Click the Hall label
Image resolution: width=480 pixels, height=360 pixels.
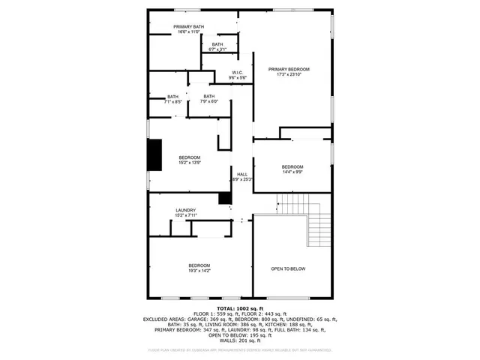pyautogui.click(x=242, y=174)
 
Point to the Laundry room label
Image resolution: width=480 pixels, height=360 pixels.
pyautogui.click(x=186, y=210)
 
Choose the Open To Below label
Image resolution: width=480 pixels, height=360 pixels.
pyautogui.click(x=288, y=268)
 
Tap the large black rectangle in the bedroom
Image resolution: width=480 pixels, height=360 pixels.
pyautogui.click(x=154, y=155)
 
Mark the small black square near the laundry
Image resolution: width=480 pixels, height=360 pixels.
pyautogui.click(x=224, y=198)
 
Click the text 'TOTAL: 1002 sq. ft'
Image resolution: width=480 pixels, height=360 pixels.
pyautogui.click(x=240, y=308)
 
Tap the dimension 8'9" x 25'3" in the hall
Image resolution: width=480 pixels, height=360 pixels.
pyautogui.click(x=242, y=179)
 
